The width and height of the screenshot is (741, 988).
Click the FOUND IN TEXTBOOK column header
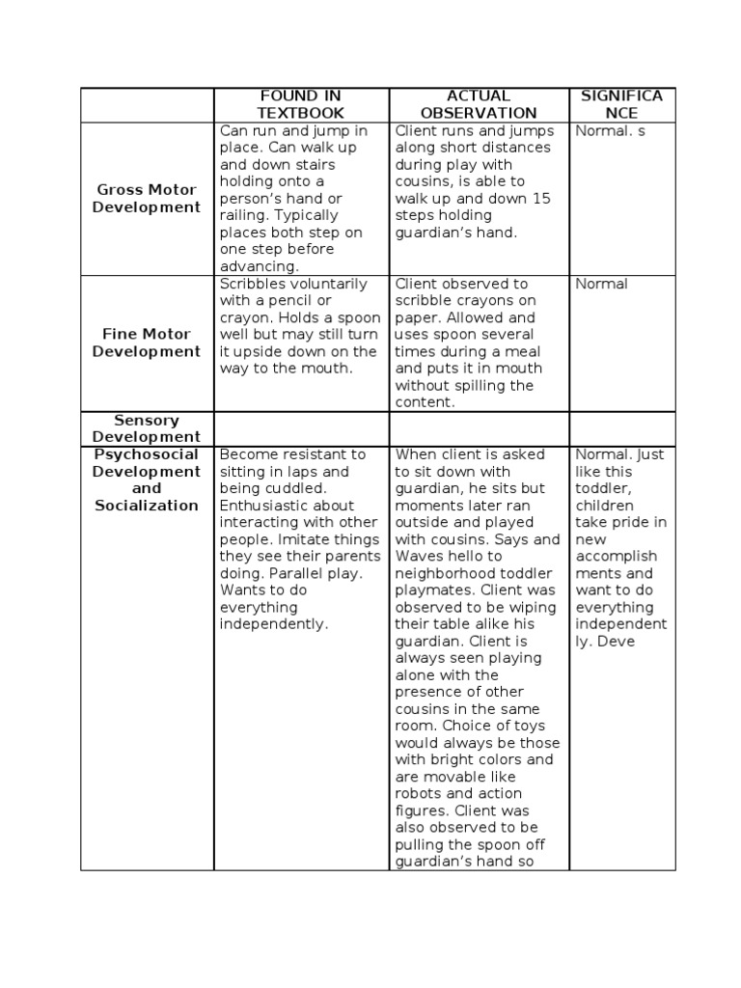coord(300,104)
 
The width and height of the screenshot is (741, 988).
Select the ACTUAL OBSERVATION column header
coord(479,104)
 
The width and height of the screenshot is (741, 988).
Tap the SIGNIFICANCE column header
coord(622,104)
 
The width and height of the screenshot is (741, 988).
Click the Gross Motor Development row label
coord(147,199)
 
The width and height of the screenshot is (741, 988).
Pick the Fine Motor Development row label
coord(147,343)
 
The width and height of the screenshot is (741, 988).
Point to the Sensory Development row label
coord(147,428)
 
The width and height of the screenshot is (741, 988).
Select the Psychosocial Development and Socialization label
coord(147,480)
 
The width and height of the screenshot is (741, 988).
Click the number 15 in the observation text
coord(541,199)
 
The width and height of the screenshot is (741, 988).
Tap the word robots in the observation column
coord(417,794)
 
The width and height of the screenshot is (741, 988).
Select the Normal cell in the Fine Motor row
coord(601,284)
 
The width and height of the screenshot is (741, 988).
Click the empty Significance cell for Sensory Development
coord(622,428)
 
